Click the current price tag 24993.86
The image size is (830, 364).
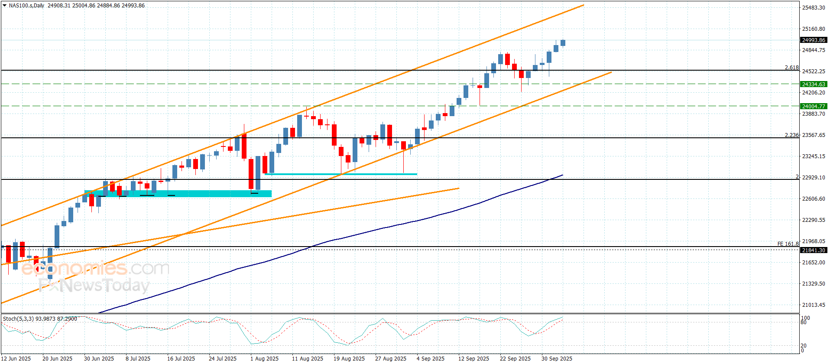pyautogui.click(x=814, y=40)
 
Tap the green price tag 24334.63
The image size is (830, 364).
pyautogui.click(x=814, y=84)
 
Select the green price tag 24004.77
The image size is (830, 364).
pyautogui.click(x=814, y=106)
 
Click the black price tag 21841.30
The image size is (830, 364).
pyautogui.click(x=814, y=250)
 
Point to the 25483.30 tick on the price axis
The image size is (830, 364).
pyautogui.click(x=814, y=8)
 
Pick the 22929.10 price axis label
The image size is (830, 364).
pyautogui.click(x=814, y=178)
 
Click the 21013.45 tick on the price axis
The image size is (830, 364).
pyautogui.click(x=814, y=305)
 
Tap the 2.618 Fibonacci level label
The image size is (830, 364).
pyautogui.click(x=791, y=68)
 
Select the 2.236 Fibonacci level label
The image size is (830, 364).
pyautogui.click(x=791, y=135)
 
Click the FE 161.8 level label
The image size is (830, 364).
pyautogui.click(x=788, y=244)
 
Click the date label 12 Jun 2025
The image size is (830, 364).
pyautogui.click(x=16, y=359)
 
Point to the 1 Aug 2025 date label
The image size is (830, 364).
pyautogui.click(x=264, y=359)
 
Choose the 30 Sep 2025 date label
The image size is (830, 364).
pyautogui.click(x=557, y=359)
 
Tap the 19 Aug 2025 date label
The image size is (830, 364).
pyautogui.click(x=349, y=359)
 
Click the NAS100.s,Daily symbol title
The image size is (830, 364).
pyautogui.click(x=26, y=6)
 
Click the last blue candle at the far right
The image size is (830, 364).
pyautogui.click(x=563, y=42)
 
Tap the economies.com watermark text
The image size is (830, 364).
pyautogui.click(x=95, y=269)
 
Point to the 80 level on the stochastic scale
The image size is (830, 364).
pyautogui.click(x=804, y=323)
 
